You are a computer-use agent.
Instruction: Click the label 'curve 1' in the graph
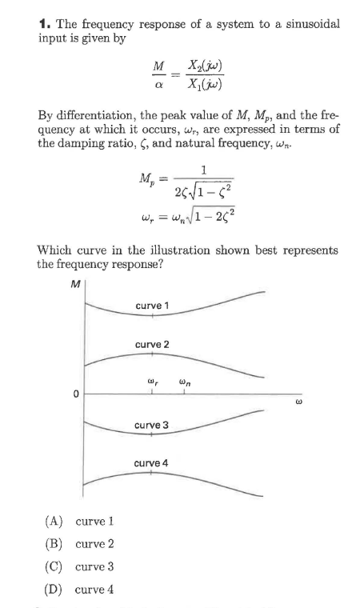pos(152,306)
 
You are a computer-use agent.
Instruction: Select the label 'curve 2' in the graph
pos(152,344)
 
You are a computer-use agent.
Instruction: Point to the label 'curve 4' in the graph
pos(152,463)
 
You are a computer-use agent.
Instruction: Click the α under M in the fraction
pos(158,85)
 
